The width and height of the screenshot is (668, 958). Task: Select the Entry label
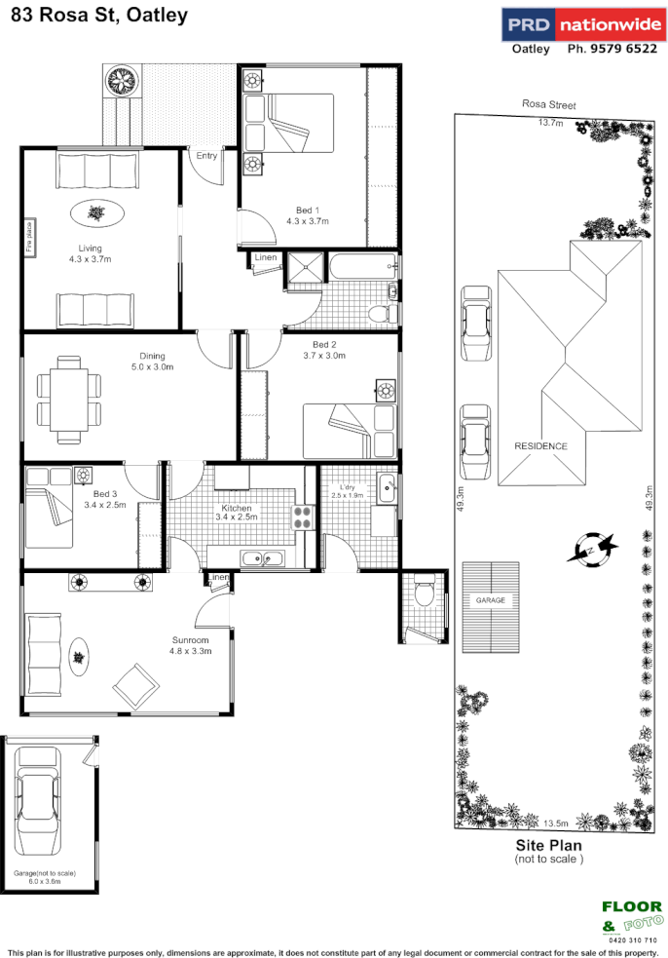point(206,156)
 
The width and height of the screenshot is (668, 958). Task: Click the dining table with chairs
point(68,397)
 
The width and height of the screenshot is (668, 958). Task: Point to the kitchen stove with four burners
point(304,516)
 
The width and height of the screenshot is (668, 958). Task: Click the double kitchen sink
point(261,558)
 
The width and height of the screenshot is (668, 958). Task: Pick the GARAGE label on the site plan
point(490,601)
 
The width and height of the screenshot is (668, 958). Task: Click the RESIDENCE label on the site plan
point(540,445)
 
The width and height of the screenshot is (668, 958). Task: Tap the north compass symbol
point(594,548)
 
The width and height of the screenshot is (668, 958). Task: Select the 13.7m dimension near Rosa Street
point(551,123)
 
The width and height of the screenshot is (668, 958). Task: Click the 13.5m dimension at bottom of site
point(556,821)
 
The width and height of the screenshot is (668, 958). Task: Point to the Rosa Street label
point(548,104)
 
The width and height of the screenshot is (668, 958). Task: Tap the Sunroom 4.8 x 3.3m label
point(190,645)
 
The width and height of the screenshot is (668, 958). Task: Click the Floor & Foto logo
point(631,918)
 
